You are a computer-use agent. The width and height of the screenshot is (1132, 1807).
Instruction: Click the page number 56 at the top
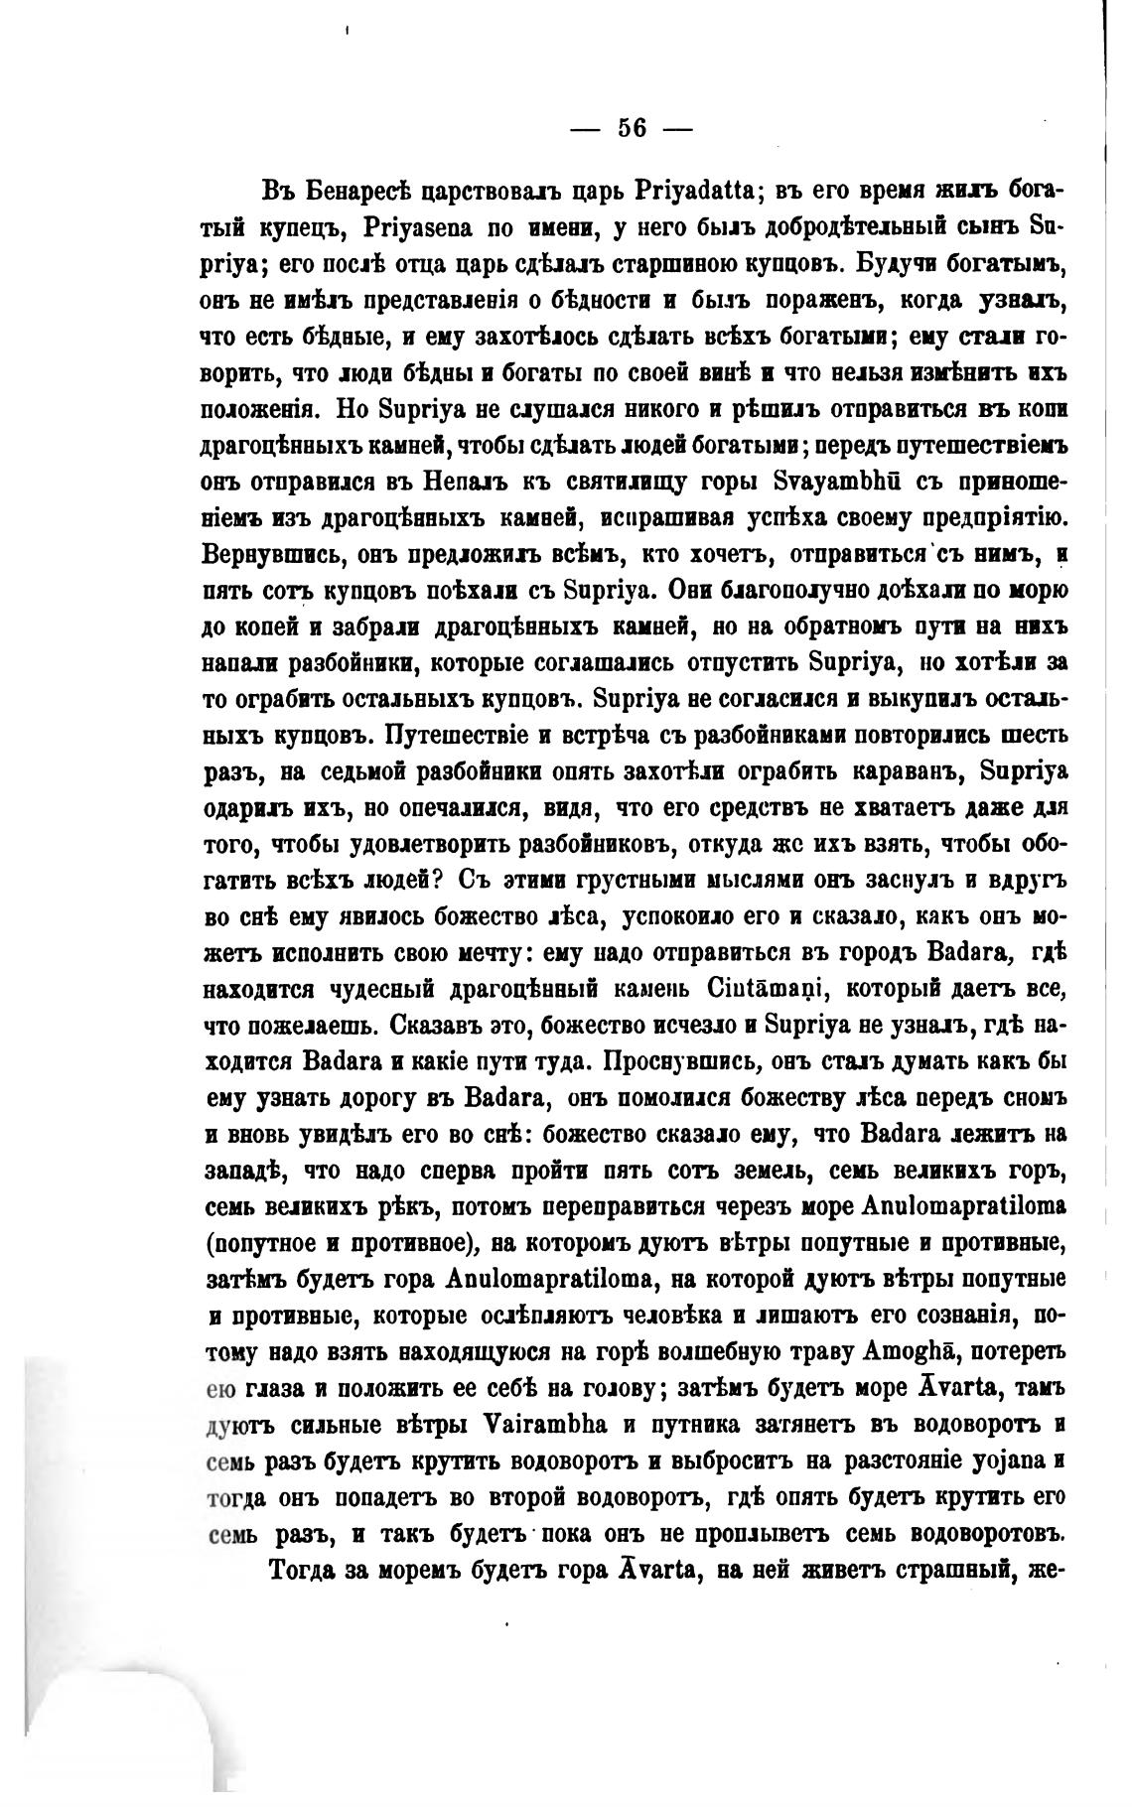(632, 128)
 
